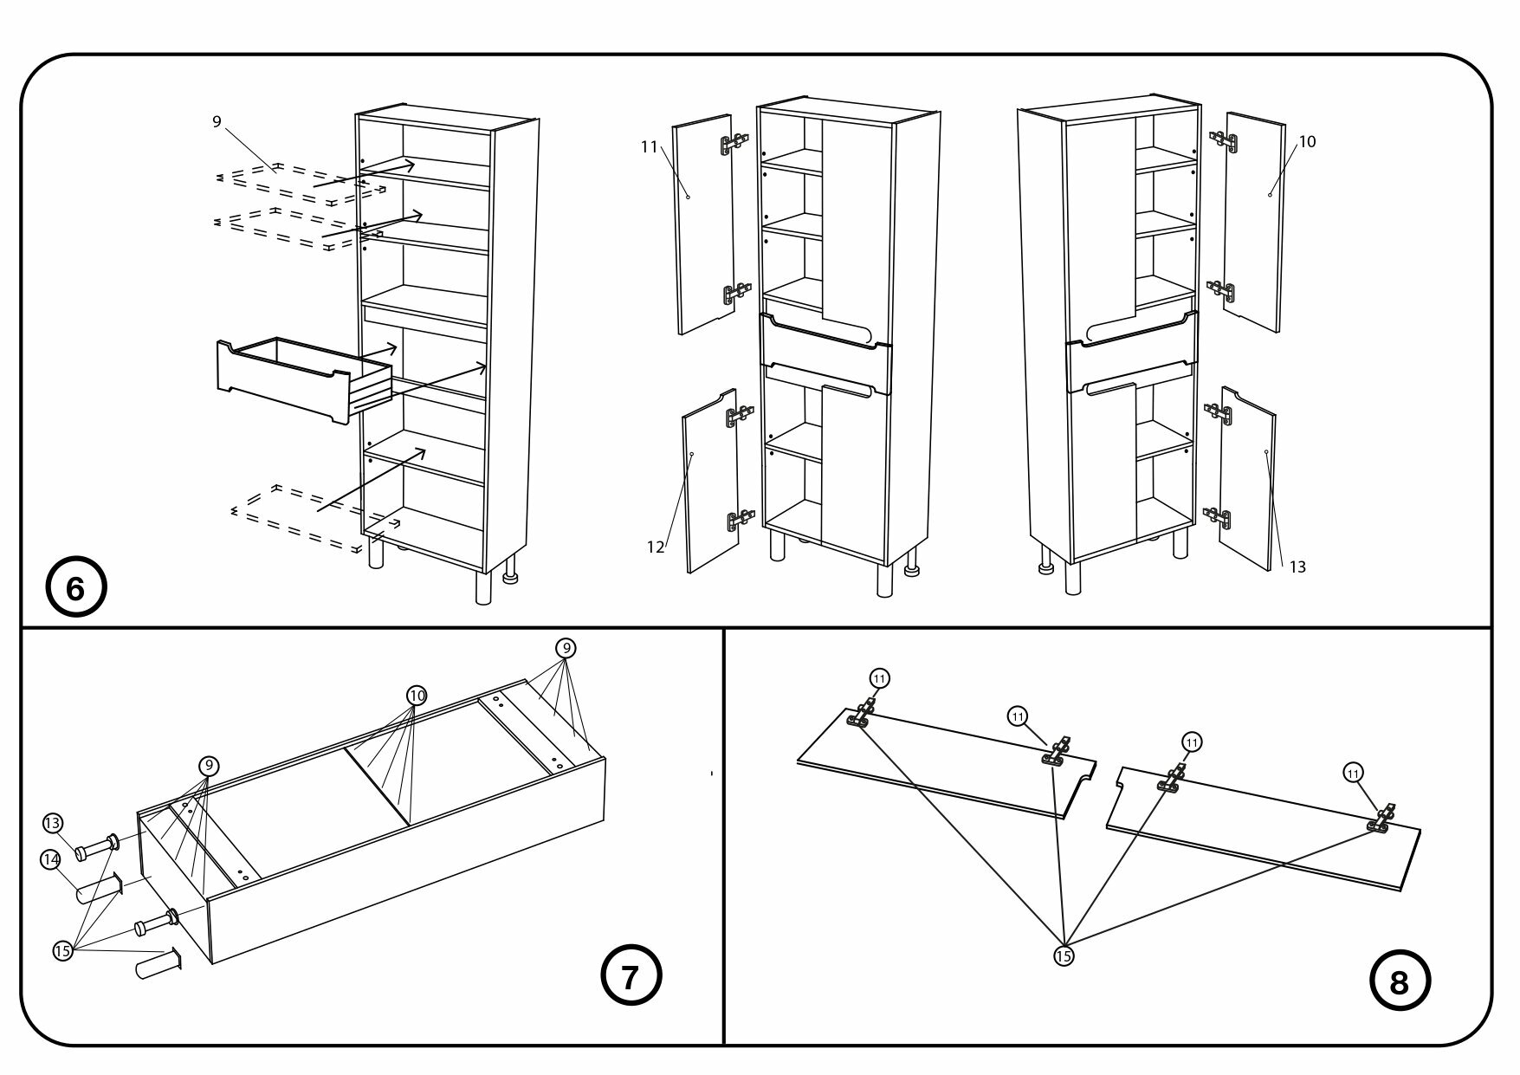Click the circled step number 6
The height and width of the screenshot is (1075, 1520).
[75, 589]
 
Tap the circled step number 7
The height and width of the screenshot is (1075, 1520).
[631, 976]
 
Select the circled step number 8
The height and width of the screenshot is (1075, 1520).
[1399, 983]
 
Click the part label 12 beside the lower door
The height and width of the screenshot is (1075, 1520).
[656, 547]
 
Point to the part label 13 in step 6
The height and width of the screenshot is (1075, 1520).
[1297, 567]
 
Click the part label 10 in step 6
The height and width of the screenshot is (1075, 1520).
[1307, 141]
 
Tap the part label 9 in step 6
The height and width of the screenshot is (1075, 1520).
[217, 122]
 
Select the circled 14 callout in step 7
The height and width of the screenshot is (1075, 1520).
[50, 860]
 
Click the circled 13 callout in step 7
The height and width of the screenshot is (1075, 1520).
[52, 822]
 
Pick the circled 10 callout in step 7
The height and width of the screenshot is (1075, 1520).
[417, 695]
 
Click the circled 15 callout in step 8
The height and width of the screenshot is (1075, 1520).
[1064, 955]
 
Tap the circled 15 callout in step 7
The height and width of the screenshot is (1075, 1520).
[62, 950]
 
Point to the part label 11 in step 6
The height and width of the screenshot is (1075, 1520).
[650, 147]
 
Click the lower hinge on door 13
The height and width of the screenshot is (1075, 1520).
[1219, 518]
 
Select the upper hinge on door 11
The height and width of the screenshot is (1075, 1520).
[734, 144]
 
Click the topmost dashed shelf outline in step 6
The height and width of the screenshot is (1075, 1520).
[294, 182]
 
